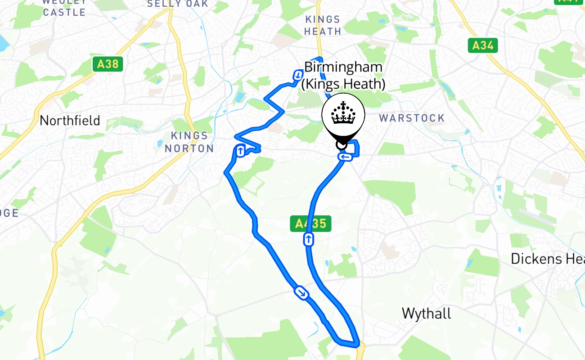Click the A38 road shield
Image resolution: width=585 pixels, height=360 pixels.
(x=108, y=64)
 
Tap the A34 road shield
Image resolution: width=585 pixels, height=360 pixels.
(x=483, y=45)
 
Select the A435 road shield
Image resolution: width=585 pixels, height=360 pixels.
(x=310, y=224)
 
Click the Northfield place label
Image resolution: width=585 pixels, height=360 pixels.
(x=70, y=121)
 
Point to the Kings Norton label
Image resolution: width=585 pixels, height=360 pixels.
(x=189, y=142)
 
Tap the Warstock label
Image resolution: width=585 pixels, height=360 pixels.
(x=412, y=118)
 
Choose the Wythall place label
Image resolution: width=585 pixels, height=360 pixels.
(x=426, y=313)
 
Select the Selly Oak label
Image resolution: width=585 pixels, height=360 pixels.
(x=178, y=4)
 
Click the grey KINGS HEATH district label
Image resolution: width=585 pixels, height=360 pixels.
(x=323, y=25)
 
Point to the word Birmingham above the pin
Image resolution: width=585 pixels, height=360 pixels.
(x=343, y=67)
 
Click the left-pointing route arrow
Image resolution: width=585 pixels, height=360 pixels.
(x=345, y=157)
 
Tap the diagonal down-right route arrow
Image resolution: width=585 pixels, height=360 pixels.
(x=301, y=293)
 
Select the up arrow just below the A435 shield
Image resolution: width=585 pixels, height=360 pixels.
(x=308, y=239)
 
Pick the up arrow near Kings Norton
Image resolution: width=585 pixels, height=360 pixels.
(x=240, y=151)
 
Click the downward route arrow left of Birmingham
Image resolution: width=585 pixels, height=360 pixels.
(x=298, y=75)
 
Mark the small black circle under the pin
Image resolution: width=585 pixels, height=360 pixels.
(x=342, y=144)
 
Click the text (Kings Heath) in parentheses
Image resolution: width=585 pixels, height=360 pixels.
(x=343, y=84)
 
